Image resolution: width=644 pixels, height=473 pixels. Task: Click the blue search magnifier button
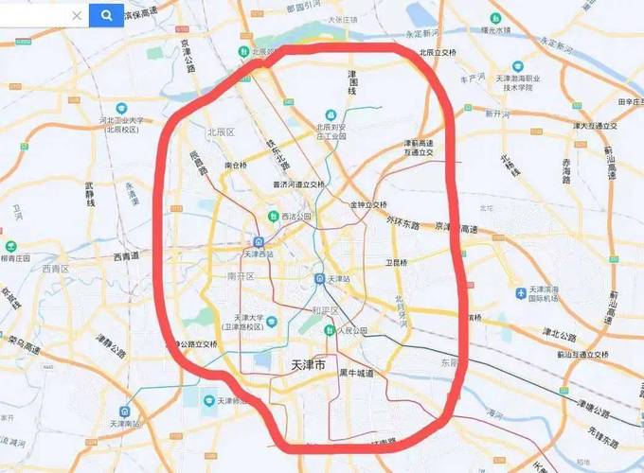click(x=106, y=15)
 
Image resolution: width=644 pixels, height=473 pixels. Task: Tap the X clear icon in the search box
click(x=77, y=16)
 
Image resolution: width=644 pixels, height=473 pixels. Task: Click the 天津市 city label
click(x=306, y=363)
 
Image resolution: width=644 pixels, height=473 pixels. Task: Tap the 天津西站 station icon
click(x=257, y=241)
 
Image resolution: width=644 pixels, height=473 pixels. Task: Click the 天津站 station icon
click(x=321, y=278)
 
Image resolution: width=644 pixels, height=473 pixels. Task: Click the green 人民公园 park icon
click(x=329, y=330)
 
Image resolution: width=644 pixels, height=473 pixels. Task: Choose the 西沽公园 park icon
click(x=277, y=217)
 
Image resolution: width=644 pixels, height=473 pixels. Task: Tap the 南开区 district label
click(x=242, y=276)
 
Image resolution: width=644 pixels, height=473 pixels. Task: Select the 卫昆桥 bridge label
click(x=395, y=262)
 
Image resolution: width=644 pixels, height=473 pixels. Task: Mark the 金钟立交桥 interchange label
click(x=368, y=204)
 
